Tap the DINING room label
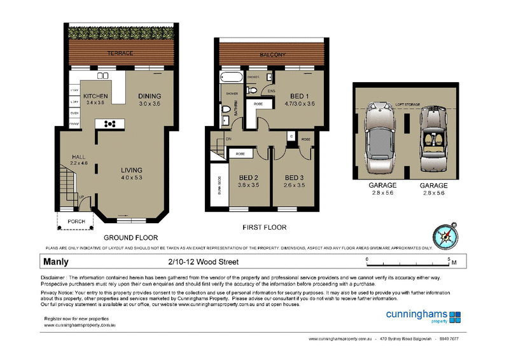point(150,96)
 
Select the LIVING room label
point(132,170)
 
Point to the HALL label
point(79,156)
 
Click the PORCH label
point(76,221)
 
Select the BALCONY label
point(272,55)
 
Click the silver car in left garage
point(380,138)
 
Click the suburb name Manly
point(56,261)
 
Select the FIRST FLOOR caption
point(264,227)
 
